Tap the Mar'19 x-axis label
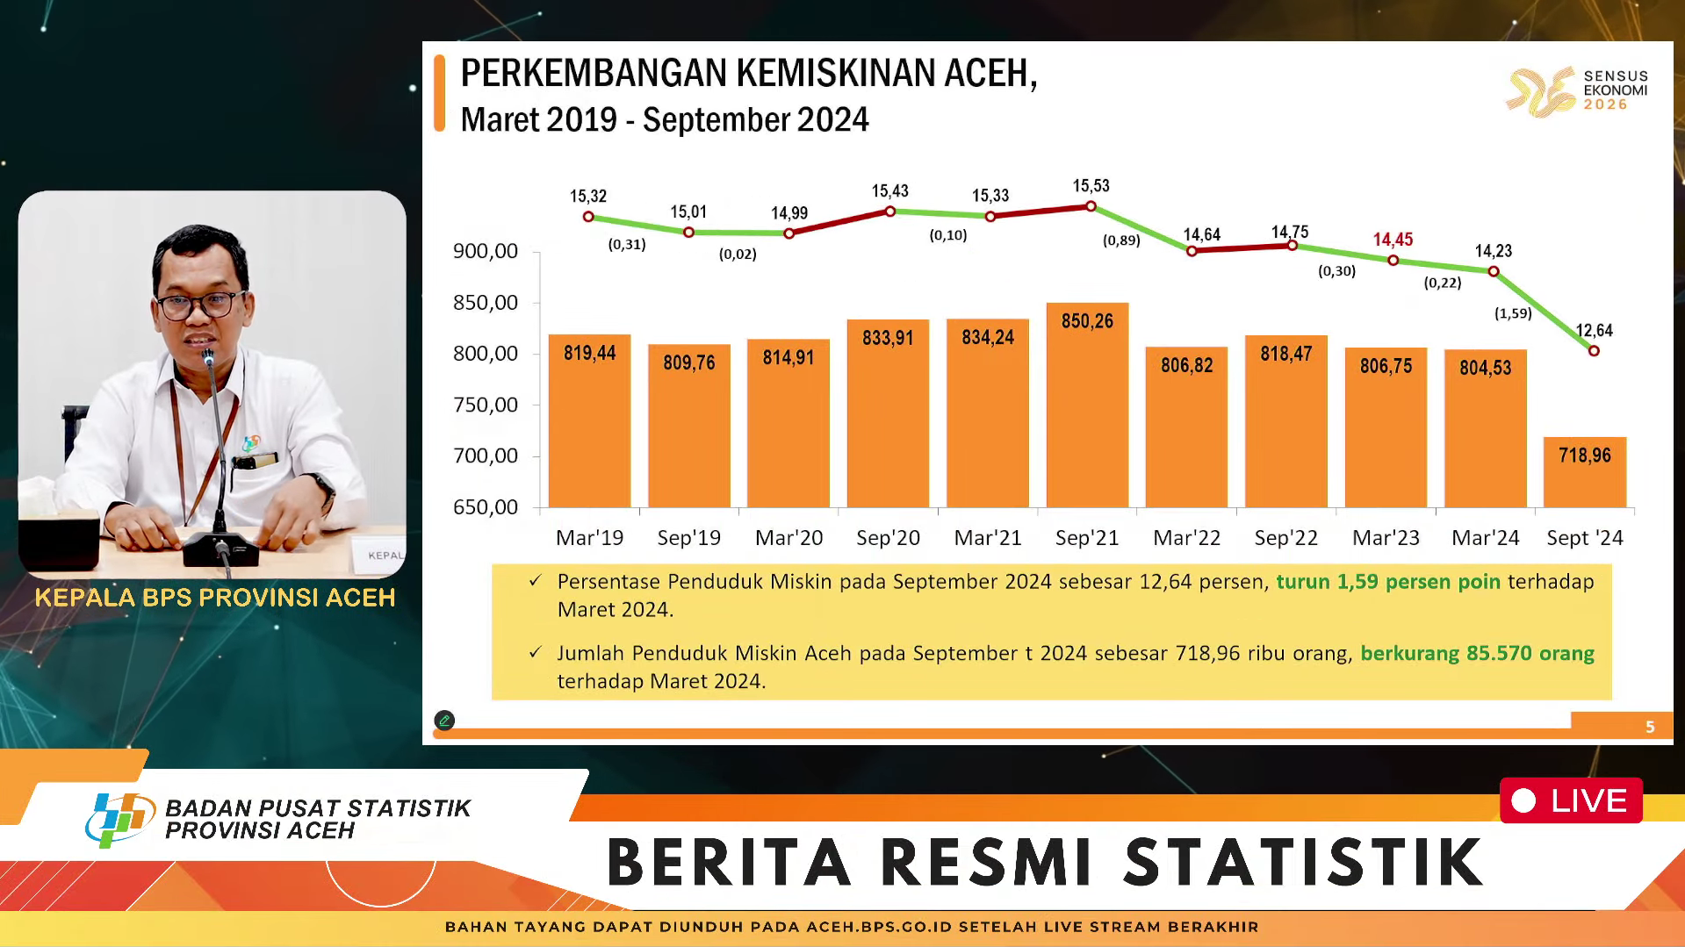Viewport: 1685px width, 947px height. point(589,538)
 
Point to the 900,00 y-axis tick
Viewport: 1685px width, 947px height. point(486,252)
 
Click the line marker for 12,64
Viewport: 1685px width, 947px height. point(1594,351)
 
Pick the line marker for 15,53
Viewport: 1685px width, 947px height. point(1091,206)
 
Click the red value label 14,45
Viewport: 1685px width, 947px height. point(1393,240)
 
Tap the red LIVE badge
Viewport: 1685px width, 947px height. point(1571,800)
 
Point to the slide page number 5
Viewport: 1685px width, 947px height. point(1650,727)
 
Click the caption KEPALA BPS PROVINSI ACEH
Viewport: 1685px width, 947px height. point(215,598)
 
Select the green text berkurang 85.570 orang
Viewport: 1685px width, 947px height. point(1477,653)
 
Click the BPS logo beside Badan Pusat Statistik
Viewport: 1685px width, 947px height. point(120,818)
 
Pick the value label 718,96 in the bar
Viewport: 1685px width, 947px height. point(1585,456)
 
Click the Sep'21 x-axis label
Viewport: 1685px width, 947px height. point(1087,538)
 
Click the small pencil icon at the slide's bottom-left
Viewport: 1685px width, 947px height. point(444,721)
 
